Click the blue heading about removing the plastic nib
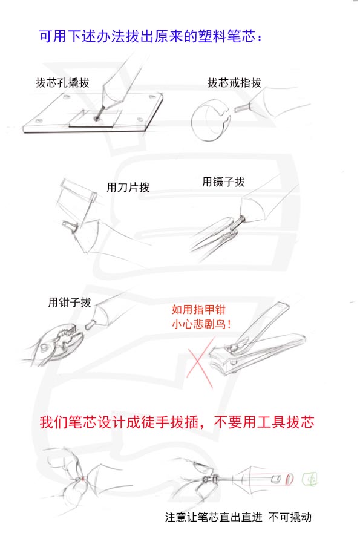point(151,36)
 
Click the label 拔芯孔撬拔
point(62,83)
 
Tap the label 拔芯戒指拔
point(234,83)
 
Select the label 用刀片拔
point(128,187)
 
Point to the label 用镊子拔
point(223,182)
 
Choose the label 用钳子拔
point(70,302)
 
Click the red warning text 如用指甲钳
point(198,310)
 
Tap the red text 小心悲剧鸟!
point(201,324)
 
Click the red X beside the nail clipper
point(200,362)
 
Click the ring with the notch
point(210,120)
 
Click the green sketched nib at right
point(310,479)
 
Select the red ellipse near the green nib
point(290,479)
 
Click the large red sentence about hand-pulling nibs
point(177,422)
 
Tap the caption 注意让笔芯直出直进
point(214,517)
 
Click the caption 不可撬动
point(290,517)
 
